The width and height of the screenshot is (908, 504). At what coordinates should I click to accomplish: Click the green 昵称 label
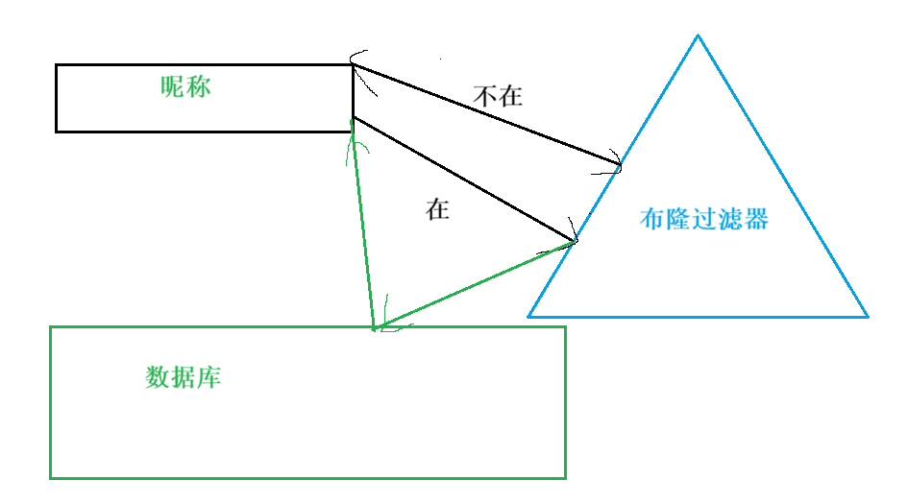tap(185, 87)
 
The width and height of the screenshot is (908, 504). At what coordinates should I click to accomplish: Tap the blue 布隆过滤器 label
tap(704, 219)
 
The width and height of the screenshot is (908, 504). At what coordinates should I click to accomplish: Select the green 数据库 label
tap(184, 377)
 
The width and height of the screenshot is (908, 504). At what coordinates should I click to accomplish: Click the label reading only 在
tap(438, 210)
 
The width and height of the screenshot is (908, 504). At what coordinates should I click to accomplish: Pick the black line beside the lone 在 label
tap(464, 180)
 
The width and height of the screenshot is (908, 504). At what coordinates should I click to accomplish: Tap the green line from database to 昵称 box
tap(363, 230)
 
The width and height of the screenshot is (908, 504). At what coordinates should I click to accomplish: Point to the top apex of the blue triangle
tap(698, 36)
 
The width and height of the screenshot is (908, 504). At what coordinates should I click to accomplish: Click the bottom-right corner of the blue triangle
tap(867, 316)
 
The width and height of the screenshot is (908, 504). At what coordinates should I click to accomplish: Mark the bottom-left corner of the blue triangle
tap(528, 316)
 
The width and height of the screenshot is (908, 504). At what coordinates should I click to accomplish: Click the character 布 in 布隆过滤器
tap(651, 219)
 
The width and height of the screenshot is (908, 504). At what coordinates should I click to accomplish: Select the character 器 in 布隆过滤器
tap(757, 219)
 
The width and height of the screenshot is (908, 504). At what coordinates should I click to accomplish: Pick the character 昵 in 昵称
tap(173, 87)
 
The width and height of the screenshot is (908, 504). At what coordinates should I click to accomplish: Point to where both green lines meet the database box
tap(374, 328)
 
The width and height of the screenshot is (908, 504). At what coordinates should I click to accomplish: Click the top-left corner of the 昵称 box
tap(57, 65)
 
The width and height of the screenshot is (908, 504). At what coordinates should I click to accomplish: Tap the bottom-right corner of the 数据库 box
tap(565, 477)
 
